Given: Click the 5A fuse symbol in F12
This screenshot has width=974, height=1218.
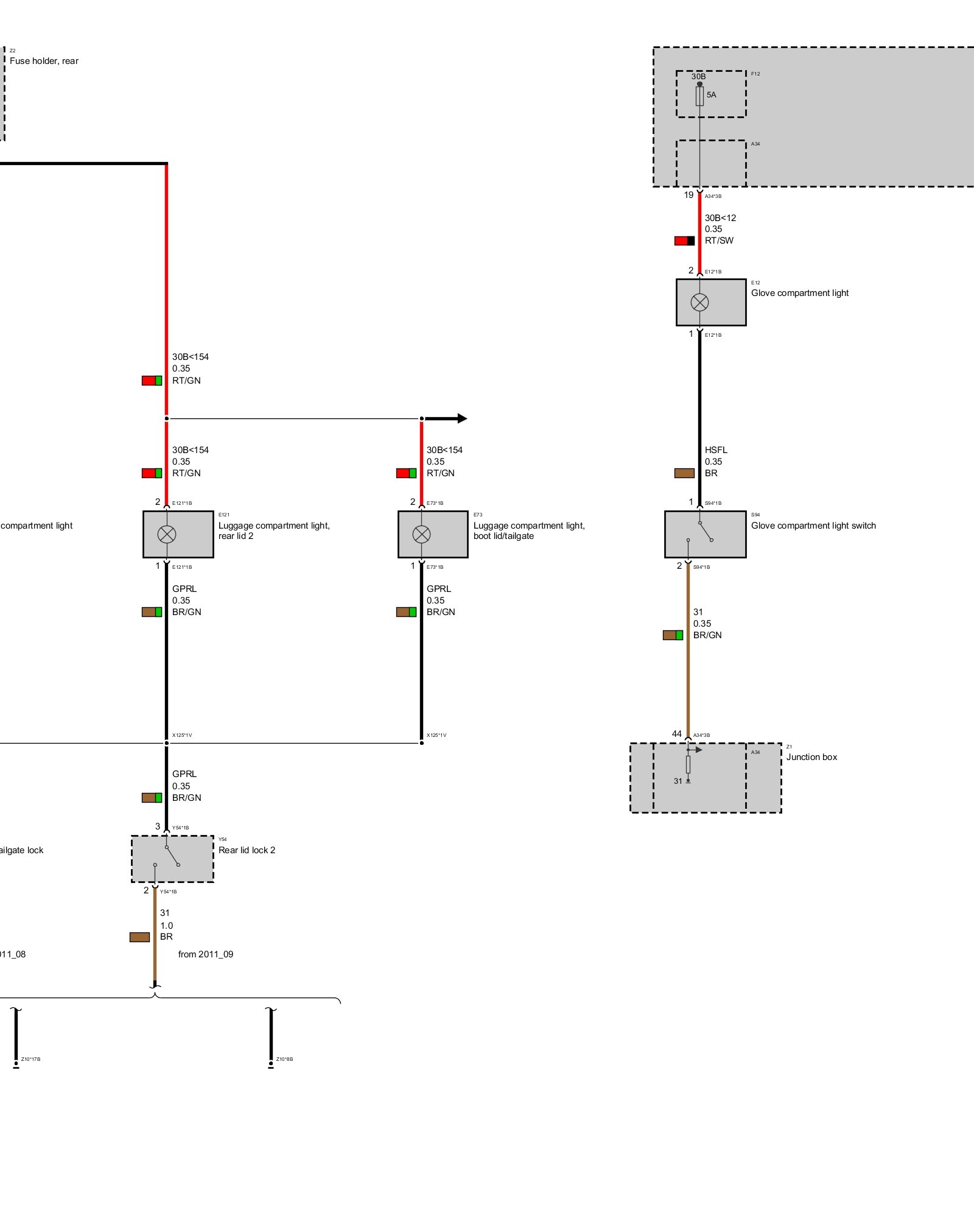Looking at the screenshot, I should [699, 96].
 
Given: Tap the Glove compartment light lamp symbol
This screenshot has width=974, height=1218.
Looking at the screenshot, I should [699, 302].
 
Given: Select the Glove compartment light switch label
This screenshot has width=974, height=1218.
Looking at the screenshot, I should [813, 526].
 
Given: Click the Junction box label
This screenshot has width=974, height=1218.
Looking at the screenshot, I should [811, 757].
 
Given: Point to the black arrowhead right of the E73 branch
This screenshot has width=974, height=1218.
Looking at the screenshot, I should [461, 418].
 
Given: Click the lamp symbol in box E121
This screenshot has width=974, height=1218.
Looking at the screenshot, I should [167, 534].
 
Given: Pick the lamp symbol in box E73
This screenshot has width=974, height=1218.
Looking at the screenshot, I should [421, 534].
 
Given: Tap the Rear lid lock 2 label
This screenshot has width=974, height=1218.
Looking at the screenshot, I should [247, 850].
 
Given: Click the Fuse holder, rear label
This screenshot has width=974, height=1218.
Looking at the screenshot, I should [44, 61].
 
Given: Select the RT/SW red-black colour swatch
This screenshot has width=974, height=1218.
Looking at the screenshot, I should [684, 241].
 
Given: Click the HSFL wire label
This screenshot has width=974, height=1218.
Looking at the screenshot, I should [716, 450].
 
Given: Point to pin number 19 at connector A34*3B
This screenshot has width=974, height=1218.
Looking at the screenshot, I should [688, 195].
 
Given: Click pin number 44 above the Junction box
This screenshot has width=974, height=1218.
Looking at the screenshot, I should [676, 734].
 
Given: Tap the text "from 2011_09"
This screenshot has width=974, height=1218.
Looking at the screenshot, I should [206, 954].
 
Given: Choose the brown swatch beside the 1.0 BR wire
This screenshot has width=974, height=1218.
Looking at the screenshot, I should [139, 937].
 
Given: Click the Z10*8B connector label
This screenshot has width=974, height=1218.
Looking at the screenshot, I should [284, 1059].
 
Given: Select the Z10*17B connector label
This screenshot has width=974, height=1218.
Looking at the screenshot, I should [30, 1059].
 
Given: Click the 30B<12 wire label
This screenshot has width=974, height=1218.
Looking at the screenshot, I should [720, 218].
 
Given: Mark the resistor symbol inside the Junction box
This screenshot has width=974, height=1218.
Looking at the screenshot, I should [688, 764].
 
